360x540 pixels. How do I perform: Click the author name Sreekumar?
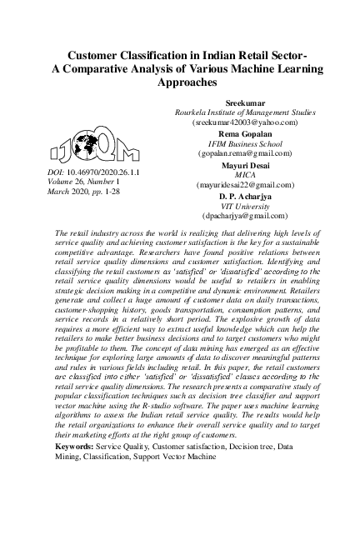pyautogui.click(x=244, y=101)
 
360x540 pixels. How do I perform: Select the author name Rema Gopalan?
pyautogui.click(x=244, y=132)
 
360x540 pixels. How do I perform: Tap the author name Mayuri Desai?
pyautogui.click(x=244, y=164)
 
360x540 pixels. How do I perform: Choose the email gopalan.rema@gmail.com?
pyautogui.click(x=244, y=153)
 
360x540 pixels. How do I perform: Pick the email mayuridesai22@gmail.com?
pyautogui.click(x=244, y=184)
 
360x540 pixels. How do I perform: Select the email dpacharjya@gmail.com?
pyautogui.click(x=244, y=216)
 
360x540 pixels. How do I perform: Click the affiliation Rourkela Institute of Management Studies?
pyautogui.click(x=244, y=111)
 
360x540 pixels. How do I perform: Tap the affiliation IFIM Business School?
pyautogui.click(x=244, y=142)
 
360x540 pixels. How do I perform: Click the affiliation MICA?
pyautogui.click(x=244, y=174)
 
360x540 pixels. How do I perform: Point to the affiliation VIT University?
pyautogui.click(x=244, y=205)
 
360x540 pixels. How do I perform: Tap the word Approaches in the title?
pyautogui.click(x=180, y=84)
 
